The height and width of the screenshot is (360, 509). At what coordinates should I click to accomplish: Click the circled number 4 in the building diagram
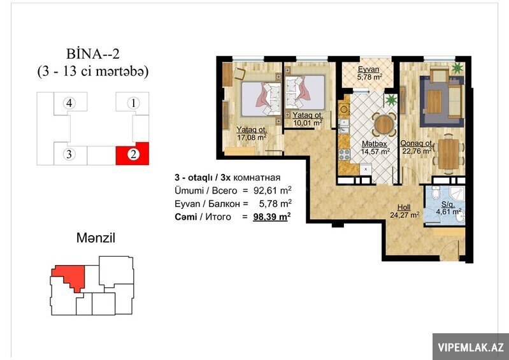(x=69, y=104)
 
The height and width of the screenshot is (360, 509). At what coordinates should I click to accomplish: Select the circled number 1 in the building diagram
(x=133, y=104)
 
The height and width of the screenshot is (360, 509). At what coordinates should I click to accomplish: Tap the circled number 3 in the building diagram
(x=69, y=154)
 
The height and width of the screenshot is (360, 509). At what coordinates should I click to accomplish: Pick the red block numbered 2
(x=133, y=154)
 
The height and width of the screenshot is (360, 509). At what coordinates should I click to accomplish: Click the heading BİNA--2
(x=93, y=54)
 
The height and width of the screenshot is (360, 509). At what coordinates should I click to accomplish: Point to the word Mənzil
(x=96, y=238)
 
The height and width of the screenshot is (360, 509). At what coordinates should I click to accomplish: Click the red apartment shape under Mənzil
(x=69, y=277)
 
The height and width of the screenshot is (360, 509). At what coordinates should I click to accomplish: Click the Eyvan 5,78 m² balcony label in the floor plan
(x=367, y=73)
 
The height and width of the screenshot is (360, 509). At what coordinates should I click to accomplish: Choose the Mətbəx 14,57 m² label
(x=376, y=148)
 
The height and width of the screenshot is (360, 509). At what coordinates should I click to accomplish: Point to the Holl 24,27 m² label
(x=405, y=211)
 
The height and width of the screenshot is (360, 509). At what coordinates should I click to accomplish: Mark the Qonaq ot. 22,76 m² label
(x=417, y=147)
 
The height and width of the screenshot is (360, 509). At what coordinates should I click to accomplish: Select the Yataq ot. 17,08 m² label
(x=252, y=133)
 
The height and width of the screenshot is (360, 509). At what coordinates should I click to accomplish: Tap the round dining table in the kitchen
(x=384, y=124)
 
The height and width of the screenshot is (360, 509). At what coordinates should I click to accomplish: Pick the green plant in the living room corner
(x=457, y=68)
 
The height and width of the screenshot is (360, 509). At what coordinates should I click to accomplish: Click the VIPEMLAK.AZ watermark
(x=471, y=347)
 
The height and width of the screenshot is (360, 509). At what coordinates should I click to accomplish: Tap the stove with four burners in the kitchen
(x=344, y=154)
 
